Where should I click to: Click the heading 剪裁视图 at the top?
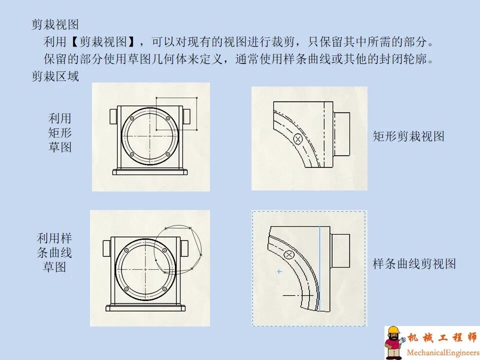(55, 24)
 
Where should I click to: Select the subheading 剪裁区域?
(55, 76)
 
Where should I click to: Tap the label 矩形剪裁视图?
(408, 136)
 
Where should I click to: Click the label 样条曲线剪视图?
(414, 264)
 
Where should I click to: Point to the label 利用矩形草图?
(60, 132)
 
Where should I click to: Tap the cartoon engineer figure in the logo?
(394, 343)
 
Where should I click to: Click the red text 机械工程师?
(442, 337)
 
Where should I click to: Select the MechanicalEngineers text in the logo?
(442, 352)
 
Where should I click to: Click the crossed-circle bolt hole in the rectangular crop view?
(298, 139)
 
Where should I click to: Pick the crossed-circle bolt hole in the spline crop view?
(288, 255)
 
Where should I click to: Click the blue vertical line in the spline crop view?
(319, 270)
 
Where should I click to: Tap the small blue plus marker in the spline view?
(279, 271)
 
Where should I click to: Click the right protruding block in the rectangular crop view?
(341, 134)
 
